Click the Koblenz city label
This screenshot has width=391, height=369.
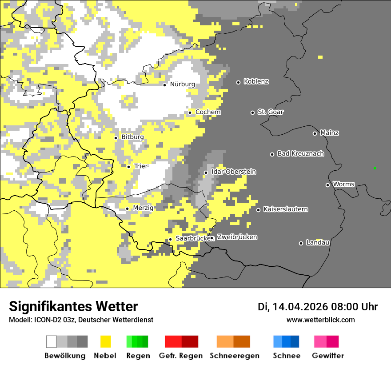256,82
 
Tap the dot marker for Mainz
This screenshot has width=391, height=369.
315,133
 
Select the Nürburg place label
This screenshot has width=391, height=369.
182,84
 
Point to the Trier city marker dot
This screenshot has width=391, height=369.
128,167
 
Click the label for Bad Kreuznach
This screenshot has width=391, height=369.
300,154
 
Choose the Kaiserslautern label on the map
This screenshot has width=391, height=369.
285,209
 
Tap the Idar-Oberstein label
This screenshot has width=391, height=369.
233,172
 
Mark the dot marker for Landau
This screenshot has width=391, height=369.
301,243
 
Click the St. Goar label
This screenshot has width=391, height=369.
270,112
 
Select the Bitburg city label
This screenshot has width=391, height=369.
132,137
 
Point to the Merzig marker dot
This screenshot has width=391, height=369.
127,209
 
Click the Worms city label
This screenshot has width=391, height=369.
343,184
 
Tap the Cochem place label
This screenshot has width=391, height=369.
208,112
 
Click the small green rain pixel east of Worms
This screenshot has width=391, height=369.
375,168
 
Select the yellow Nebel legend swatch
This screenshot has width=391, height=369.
105,341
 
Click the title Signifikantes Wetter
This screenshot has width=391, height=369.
73,307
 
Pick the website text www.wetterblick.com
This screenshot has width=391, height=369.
320,320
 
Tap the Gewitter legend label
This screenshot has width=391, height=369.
327,356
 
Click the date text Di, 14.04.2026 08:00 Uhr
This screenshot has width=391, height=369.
318,307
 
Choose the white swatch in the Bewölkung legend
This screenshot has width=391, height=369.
52,341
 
